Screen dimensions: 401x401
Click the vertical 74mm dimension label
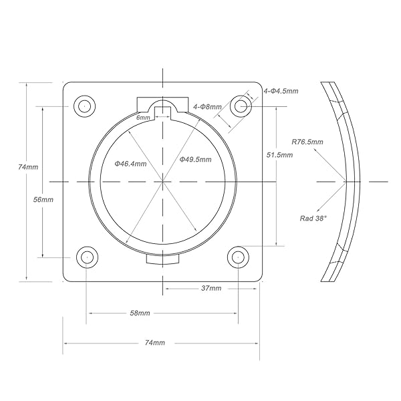tap(28, 167)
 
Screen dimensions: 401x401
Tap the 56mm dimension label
tap(43, 199)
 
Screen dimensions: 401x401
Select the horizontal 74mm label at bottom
tap(155, 342)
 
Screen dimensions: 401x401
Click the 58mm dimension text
tap(140, 313)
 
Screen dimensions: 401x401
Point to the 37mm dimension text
tap(211, 288)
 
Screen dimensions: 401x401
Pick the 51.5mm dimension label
tap(279, 155)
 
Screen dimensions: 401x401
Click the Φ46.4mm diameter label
tap(130, 164)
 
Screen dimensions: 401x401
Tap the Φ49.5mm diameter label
tap(195, 160)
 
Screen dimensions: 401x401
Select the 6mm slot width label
tap(143, 118)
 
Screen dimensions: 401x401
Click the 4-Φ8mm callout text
tap(207, 107)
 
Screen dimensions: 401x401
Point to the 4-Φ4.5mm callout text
tap(281, 91)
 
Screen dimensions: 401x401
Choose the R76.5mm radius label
tap(307, 142)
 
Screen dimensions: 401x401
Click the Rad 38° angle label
tap(313, 218)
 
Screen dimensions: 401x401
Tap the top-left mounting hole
tap(84, 106)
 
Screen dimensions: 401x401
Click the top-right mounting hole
tap(241, 106)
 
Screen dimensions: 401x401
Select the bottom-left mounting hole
tap(87, 257)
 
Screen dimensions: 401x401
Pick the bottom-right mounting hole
tap(238, 257)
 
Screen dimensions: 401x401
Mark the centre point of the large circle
tap(162, 182)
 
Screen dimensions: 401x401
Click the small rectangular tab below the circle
tap(162, 259)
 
